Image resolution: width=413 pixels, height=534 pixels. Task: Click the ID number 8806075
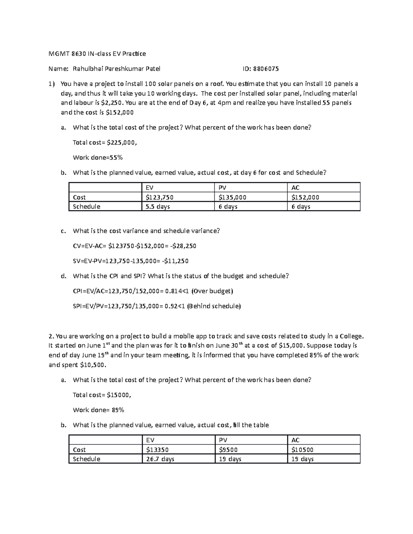(266, 69)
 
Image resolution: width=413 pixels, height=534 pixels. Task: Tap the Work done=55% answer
(98, 158)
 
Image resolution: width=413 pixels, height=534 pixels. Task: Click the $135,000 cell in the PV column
(232, 197)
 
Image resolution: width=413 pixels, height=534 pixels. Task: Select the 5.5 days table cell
(158, 207)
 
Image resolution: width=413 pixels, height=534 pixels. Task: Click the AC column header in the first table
(295, 188)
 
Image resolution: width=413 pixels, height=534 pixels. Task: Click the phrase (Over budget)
(212, 291)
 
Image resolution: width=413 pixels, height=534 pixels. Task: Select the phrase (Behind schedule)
(214, 306)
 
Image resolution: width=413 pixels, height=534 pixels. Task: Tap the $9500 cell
(228, 450)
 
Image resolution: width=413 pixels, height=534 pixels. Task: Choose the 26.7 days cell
(160, 459)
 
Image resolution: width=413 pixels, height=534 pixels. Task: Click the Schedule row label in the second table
(86, 459)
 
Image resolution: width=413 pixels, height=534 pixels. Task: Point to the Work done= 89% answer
(98, 410)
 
